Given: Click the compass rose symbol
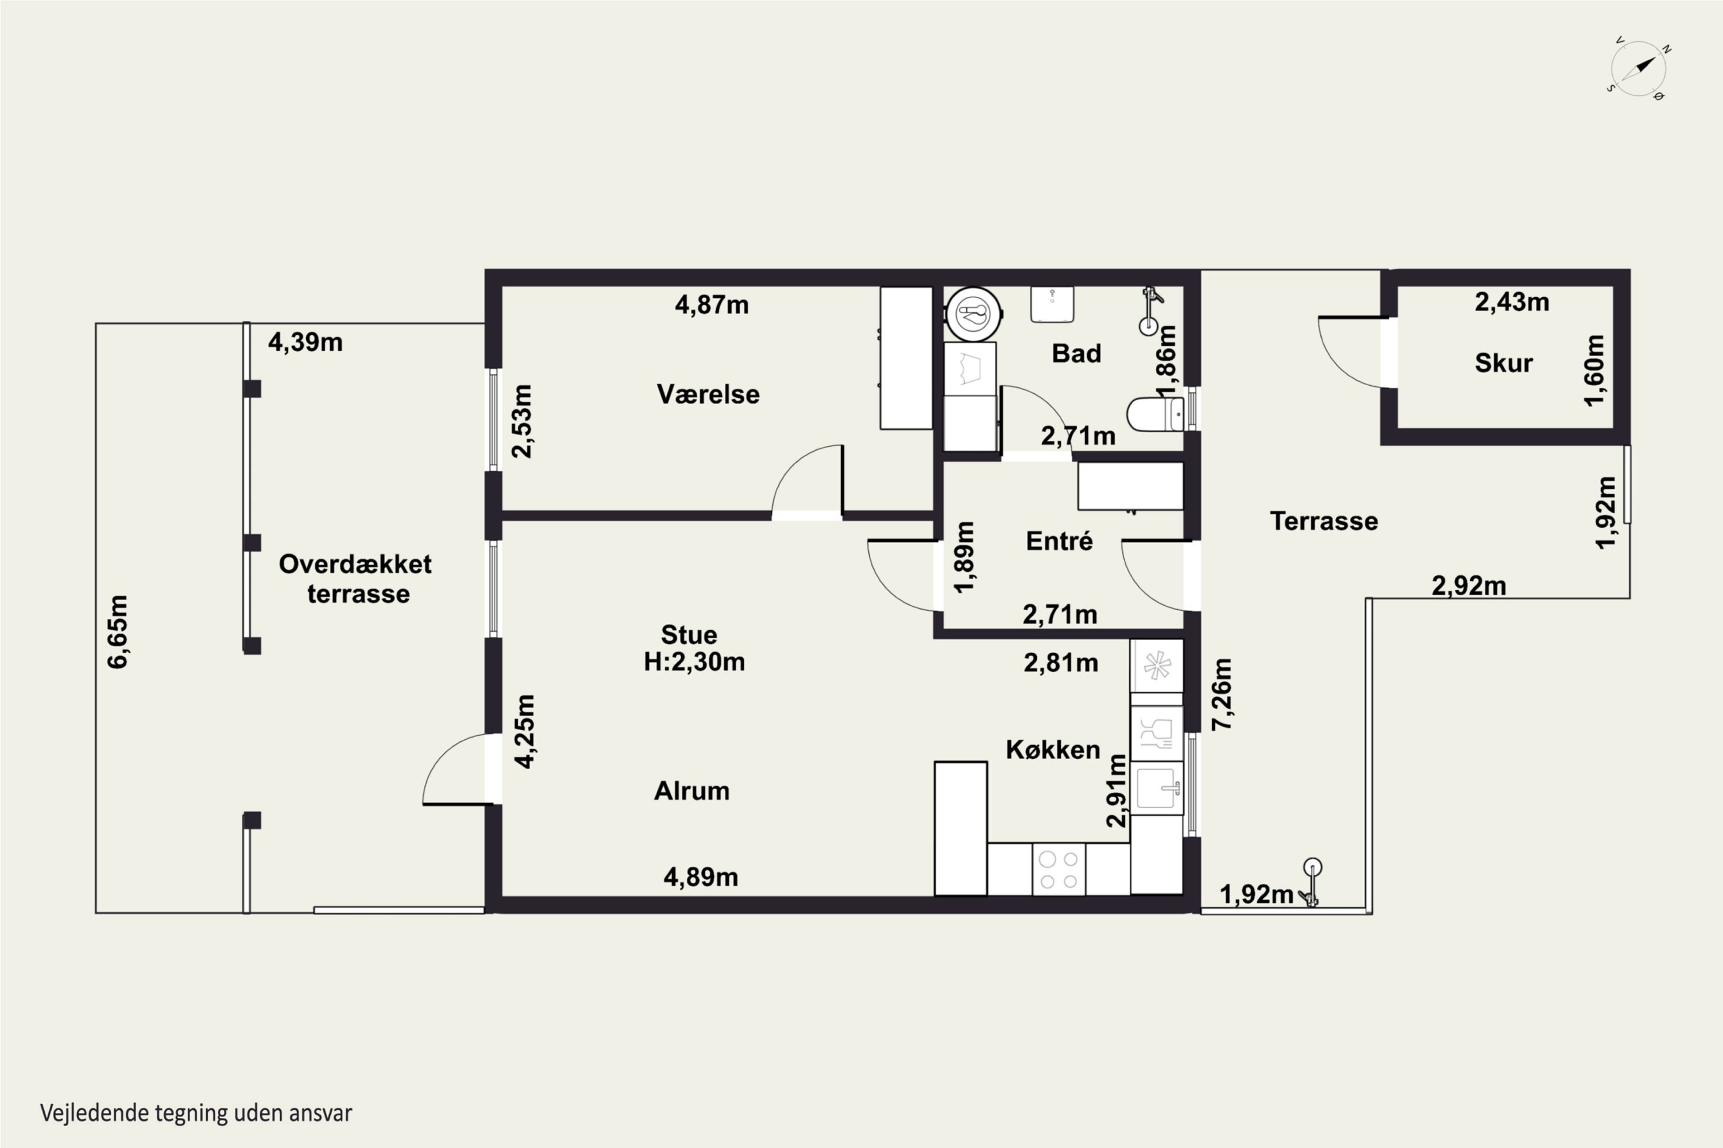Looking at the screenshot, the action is [x=1639, y=69].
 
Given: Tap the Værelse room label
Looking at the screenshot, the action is [x=708, y=395].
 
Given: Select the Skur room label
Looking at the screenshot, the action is [x=1504, y=363].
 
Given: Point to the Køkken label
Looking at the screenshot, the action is [x=1053, y=750].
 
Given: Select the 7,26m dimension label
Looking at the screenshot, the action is [x=1222, y=694].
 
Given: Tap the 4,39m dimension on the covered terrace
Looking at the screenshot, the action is [x=306, y=342].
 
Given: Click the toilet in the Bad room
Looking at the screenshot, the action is [x=1154, y=414].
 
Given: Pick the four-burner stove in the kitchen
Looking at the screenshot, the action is [x=1058, y=869].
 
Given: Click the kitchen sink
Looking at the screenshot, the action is [x=1157, y=788].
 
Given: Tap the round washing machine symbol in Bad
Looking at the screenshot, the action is [x=973, y=314].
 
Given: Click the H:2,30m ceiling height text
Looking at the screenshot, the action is [x=694, y=662].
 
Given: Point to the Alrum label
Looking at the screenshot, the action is [x=691, y=791].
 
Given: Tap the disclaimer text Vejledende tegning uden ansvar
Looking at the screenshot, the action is [x=196, y=1113].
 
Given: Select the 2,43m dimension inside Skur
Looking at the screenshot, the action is [x=1512, y=302].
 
